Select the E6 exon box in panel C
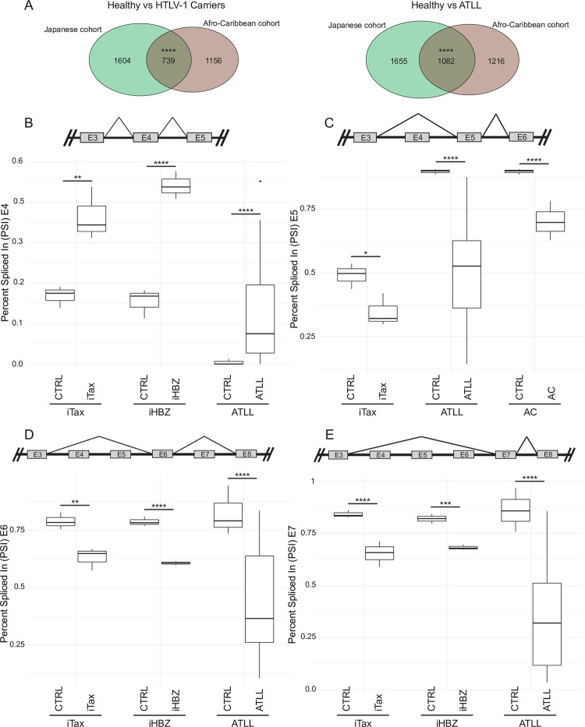pos(521,137)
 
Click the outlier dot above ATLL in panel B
pos(260,182)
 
